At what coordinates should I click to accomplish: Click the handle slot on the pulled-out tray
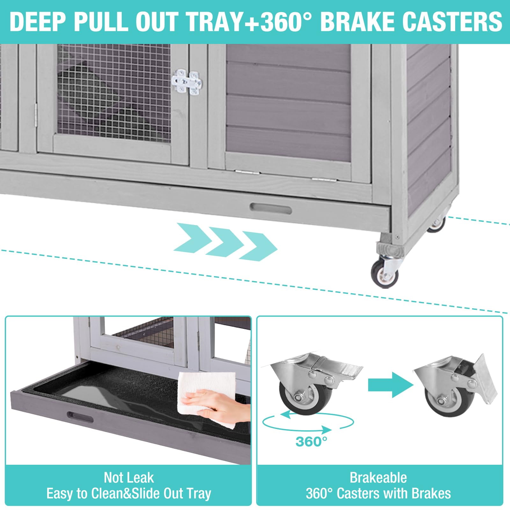80,418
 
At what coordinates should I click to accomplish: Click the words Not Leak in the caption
129,478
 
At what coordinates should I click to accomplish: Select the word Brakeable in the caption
378,478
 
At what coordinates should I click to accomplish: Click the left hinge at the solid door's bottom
247,172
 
